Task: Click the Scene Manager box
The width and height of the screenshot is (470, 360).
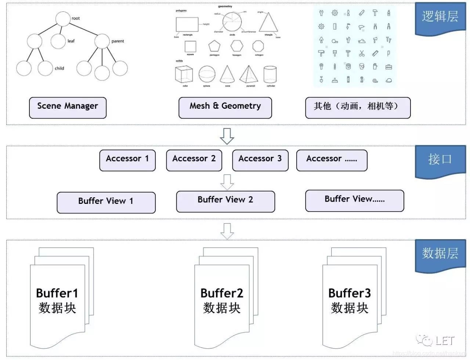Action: [x=68, y=108]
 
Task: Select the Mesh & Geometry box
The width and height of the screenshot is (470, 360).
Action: [x=225, y=108]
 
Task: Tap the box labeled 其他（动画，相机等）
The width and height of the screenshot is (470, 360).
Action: [x=358, y=108]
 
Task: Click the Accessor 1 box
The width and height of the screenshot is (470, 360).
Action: [x=127, y=160]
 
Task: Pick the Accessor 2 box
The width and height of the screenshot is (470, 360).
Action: [x=194, y=160]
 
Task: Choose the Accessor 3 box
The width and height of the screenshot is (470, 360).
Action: [x=260, y=160]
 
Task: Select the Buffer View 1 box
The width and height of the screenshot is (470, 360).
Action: [x=106, y=202]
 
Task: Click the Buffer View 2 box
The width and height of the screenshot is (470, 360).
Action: [x=225, y=201]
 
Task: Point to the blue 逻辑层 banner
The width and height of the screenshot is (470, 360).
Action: [x=440, y=17]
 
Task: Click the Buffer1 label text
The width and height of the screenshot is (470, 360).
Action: [x=57, y=294]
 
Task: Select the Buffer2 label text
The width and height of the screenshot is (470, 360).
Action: [x=222, y=294]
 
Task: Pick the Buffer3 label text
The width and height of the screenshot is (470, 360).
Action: [x=350, y=294]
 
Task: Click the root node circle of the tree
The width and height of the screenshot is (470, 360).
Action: [x=63, y=19]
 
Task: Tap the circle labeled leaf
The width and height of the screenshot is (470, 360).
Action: [x=58, y=41]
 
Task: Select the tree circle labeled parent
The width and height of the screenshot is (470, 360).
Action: [x=102, y=41]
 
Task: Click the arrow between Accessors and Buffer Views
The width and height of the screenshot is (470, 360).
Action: [x=227, y=181]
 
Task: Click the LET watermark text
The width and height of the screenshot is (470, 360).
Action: [x=445, y=341]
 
